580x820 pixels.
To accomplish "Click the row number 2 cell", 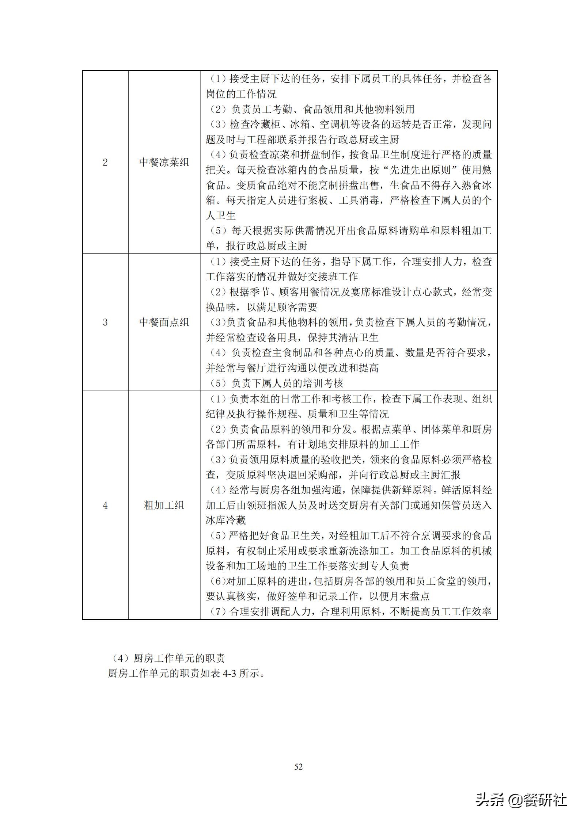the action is point(105,163).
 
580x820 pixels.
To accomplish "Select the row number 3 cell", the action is point(105,322).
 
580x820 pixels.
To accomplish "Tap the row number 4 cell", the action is point(105,506).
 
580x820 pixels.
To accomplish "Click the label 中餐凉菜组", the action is point(164,163).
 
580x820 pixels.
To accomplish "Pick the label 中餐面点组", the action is point(164,322).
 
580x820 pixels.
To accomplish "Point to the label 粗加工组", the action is point(164,506).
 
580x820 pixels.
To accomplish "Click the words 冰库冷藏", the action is point(226,520).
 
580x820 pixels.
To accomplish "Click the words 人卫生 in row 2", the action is point(221,216).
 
